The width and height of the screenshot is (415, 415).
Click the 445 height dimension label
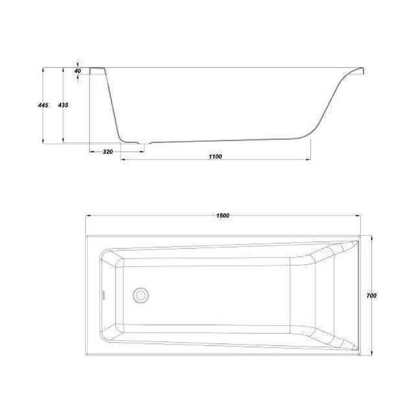(x=43, y=105)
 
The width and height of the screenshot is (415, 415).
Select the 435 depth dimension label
(x=63, y=105)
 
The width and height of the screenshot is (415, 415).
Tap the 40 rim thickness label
(x=77, y=71)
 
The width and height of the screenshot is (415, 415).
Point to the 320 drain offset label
(x=108, y=152)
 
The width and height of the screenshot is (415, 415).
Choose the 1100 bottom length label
(x=215, y=157)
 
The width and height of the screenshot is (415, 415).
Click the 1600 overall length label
(x=222, y=215)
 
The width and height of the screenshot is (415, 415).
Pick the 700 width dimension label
(x=371, y=295)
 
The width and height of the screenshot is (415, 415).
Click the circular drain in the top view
(x=141, y=295)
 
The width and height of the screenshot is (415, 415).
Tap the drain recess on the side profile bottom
(x=144, y=143)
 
